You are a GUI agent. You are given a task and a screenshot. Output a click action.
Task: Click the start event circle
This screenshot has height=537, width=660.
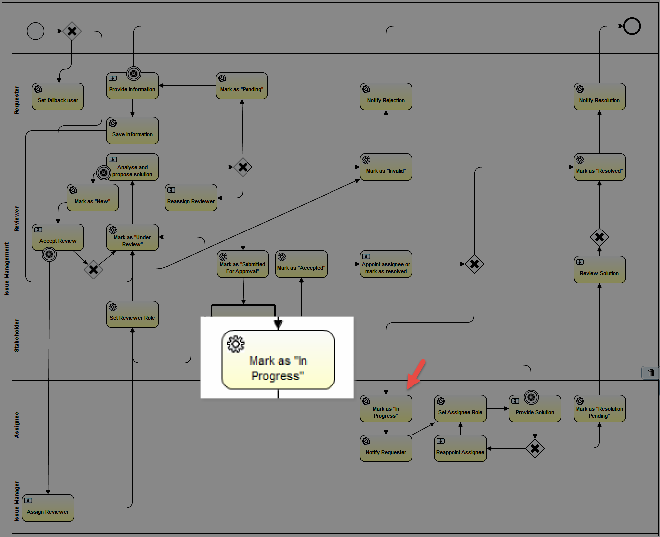click(x=35, y=31)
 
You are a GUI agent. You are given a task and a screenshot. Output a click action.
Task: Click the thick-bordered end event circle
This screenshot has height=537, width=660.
click(x=632, y=26)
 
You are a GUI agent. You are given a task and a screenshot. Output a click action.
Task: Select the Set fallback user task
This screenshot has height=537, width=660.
click(x=58, y=97)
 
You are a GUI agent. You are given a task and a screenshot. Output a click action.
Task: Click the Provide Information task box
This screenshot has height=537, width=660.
click(x=132, y=86)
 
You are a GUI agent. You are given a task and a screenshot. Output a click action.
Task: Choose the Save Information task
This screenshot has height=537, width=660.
click(x=132, y=130)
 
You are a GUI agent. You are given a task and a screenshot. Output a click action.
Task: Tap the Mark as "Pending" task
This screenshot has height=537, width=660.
click(x=242, y=86)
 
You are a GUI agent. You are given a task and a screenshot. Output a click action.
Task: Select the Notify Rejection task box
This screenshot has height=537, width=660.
click(x=386, y=97)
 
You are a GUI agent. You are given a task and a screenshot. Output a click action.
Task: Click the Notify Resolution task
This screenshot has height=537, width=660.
click(x=599, y=97)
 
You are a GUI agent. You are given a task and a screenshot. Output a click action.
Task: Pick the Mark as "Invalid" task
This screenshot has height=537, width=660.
click(x=386, y=167)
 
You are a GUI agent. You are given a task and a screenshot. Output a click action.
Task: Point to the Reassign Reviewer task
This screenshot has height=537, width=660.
click(x=191, y=198)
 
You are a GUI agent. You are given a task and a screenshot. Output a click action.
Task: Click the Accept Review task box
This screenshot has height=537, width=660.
click(x=58, y=237)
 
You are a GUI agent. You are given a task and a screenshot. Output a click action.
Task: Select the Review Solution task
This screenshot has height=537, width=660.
click(x=599, y=269)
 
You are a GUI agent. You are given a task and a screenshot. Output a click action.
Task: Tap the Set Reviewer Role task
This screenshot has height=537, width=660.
click(x=132, y=314)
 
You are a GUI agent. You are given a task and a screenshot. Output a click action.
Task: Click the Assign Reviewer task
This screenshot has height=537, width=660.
click(x=48, y=508)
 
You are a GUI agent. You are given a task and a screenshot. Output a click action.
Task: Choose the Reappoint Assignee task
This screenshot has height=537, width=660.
click(x=460, y=449)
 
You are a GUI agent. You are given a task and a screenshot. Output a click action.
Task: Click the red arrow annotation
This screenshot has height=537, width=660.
click(x=416, y=374)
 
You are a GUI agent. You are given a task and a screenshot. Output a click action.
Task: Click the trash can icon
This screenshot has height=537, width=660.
click(x=651, y=373)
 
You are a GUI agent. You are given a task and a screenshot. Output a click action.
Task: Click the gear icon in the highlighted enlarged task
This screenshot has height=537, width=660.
click(x=236, y=344)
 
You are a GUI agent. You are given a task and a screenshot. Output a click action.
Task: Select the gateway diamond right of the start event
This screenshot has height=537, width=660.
click(x=72, y=31)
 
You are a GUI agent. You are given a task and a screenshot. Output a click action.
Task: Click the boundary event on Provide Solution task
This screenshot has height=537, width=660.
click(x=531, y=397)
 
